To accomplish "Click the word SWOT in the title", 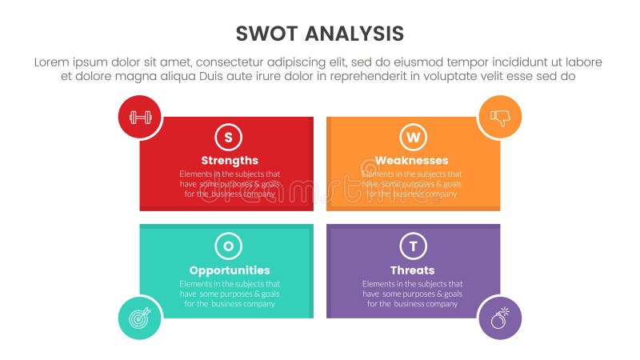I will pos(267,34).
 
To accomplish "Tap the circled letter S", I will pos(229,137).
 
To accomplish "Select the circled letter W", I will pos(413,137).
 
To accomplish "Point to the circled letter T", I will pos(413,246).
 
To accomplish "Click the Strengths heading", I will pos(230,160).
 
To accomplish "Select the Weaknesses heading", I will pos(413,160).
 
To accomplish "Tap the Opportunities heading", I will pos(230,270).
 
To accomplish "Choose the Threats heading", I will pos(413,270).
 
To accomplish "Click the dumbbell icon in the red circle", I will pos(140,118).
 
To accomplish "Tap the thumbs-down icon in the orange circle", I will pos(500,118).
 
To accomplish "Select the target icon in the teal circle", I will pos(140,318).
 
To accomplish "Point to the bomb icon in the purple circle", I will pos(500,318).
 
